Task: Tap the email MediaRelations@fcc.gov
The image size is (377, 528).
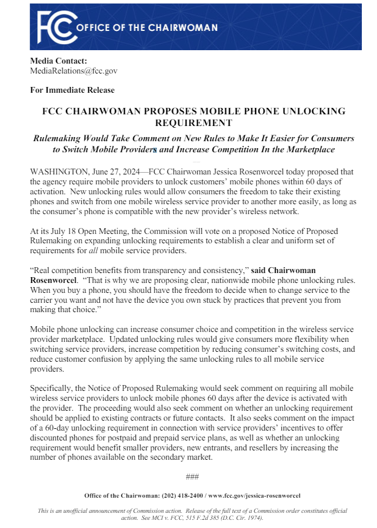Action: pos(74,71)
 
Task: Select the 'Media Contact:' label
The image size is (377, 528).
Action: pos(58,61)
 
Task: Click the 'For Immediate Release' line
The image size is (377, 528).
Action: pos(72,90)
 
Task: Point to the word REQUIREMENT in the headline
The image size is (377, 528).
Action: pos(194,123)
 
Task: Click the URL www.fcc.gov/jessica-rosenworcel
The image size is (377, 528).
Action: pos(254,495)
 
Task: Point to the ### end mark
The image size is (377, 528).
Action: pos(193,477)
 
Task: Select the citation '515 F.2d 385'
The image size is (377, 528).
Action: pos(212,517)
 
